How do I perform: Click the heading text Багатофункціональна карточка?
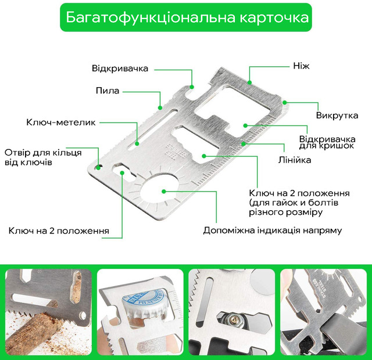(187, 17)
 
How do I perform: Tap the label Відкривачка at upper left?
(120, 69)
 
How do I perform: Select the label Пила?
(108, 91)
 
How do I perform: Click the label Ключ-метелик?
(60, 123)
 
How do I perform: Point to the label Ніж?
(301, 66)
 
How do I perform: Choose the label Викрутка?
(337, 116)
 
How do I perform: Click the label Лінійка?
(295, 160)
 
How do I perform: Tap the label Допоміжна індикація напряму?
(273, 231)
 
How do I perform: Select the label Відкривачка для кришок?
(327, 142)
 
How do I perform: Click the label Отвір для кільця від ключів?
(43, 157)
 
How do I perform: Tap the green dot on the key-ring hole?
(98, 167)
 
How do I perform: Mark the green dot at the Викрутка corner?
(285, 102)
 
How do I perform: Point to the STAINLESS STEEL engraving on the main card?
(176, 152)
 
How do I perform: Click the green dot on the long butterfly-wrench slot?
(137, 143)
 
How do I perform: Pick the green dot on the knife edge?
(249, 82)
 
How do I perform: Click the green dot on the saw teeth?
(160, 108)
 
